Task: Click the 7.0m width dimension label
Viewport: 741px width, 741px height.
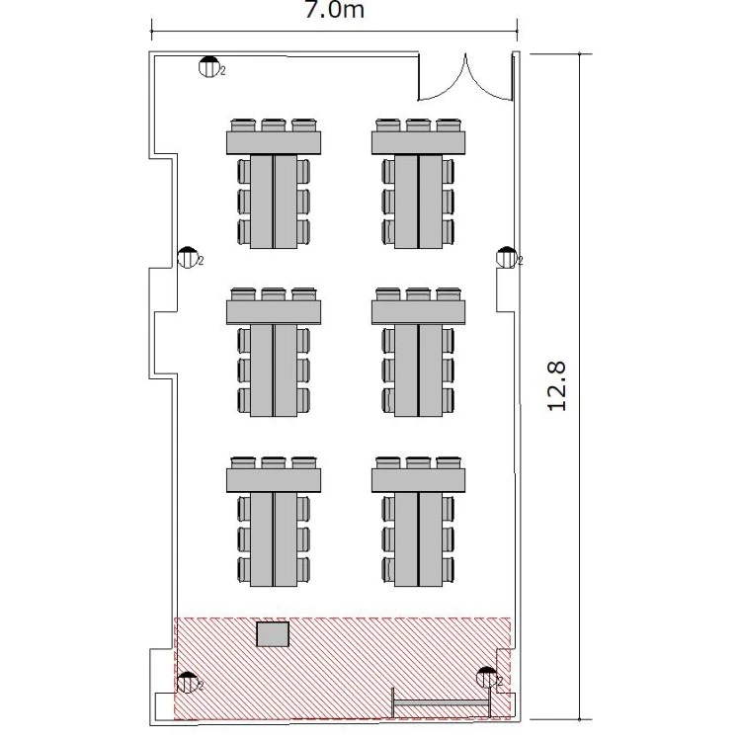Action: [335, 10]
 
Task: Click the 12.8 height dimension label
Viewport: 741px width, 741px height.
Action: [556, 386]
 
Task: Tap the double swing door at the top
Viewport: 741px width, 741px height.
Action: [465, 77]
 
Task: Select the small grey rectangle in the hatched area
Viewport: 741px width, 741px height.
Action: [273, 634]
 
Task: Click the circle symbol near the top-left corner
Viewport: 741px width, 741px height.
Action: [208, 66]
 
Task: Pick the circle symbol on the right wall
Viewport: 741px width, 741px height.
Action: [507, 258]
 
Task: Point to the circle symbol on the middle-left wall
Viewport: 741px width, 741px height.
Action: [188, 258]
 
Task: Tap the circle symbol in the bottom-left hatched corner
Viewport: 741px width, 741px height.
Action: [187, 683]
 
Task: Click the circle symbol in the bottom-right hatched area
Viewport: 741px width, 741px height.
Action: [486, 678]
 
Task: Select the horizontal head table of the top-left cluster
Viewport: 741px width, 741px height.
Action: [274, 142]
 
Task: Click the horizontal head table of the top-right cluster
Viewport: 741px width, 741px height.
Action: [418, 142]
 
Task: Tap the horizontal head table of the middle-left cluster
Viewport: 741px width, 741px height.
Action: [274, 312]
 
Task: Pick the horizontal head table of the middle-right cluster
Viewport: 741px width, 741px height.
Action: [418, 312]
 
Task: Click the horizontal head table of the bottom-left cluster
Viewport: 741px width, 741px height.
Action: [274, 480]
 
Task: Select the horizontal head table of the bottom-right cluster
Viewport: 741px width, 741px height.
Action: [418, 480]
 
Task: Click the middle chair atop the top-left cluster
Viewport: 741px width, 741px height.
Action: [274, 125]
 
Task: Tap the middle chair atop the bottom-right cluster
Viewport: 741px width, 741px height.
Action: [418, 463]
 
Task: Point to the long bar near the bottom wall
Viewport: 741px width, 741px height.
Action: [441, 703]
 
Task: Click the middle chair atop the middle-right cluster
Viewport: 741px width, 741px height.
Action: [418, 294]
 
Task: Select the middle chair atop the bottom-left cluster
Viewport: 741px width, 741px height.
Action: [274, 463]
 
